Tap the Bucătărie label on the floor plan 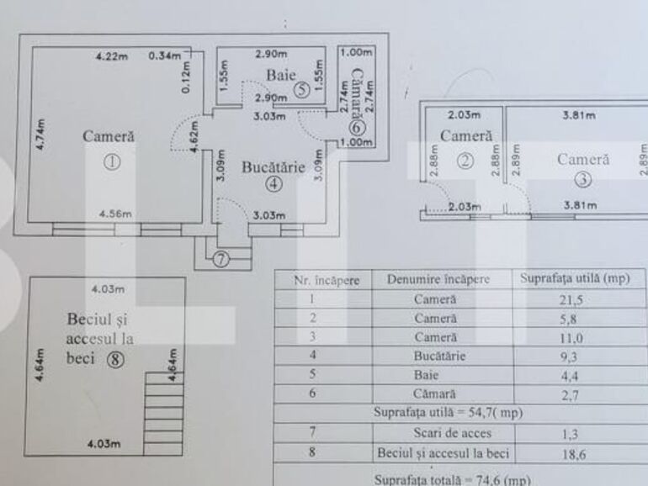point(273,167)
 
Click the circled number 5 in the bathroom point(300,91)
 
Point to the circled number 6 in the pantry point(355,128)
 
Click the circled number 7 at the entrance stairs point(220,259)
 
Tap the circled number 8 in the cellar point(115,359)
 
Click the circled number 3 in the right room point(582,178)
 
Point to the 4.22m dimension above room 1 point(111,56)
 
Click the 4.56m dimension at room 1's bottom point(114,214)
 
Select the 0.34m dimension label point(165,56)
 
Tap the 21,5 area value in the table point(579,298)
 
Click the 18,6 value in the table point(579,452)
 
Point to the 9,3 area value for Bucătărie point(579,357)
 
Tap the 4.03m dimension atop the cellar point(108,289)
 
